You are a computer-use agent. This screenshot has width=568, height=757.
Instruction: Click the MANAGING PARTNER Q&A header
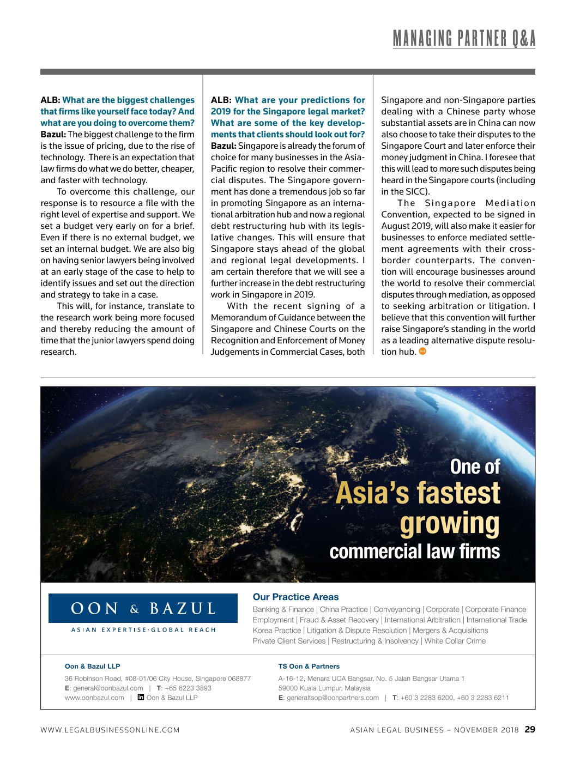tap(464, 39)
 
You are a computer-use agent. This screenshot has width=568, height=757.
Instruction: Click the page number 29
tap(530, 729)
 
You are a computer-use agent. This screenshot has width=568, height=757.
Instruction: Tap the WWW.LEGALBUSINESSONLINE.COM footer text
tap(110, 730)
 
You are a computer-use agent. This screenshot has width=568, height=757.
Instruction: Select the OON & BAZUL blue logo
tap(143, 608)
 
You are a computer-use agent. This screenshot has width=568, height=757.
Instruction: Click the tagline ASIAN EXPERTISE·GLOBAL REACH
tap(143, 630)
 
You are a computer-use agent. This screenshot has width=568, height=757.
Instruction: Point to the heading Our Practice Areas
tap(295, 597)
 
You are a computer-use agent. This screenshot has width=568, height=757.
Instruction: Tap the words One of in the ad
tap(475, 467)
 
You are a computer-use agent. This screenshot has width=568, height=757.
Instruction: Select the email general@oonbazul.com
tap(108, 688)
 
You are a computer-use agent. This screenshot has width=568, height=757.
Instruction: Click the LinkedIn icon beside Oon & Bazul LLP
tap(141, 698)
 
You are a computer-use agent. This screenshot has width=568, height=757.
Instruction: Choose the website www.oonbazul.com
tap(94, 698)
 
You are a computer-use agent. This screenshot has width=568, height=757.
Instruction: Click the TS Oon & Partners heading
tap(309, 666)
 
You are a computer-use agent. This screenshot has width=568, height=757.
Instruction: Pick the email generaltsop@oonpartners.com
tap(333, 698)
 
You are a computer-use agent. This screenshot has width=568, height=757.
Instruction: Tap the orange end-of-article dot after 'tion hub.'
tap(422, 352)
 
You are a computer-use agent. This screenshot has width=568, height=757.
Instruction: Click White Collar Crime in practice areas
tap(455, 641)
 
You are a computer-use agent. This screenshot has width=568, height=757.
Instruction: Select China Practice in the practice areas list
tap(343, 609)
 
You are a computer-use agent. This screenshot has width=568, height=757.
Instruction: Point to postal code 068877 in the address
tap(239, 679)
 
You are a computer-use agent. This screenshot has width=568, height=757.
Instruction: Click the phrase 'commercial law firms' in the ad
tap(414, 552)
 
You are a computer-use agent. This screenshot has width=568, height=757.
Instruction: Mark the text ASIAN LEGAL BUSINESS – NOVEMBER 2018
tap(434, 730)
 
